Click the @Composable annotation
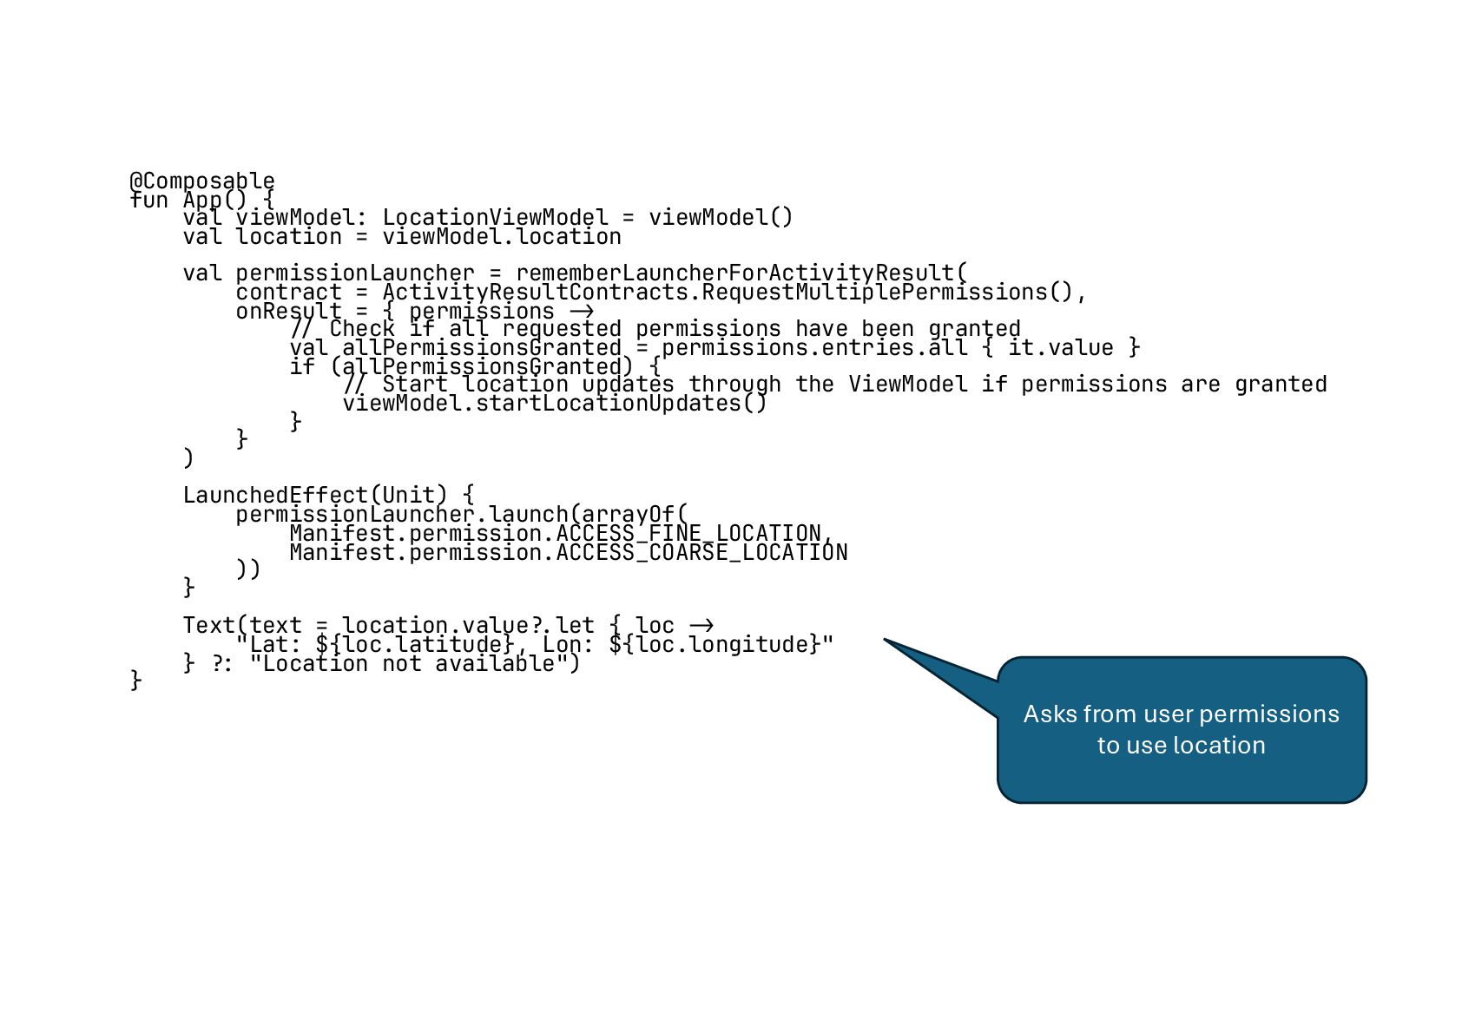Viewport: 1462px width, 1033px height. pos(201,181)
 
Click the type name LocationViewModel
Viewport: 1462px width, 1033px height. pos(495,217)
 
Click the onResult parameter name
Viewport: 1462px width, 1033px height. pos(288,312)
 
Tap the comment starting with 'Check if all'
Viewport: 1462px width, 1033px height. pos(655,329)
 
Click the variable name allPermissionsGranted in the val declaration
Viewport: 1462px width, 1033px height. pos(481,348)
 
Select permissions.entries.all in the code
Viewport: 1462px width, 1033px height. pos(813,348)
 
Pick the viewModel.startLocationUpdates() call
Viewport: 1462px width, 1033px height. pos(554,404)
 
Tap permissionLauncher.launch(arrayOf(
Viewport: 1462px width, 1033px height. pos(460,515)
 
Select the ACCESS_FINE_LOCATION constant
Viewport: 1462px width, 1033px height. pos(688,533)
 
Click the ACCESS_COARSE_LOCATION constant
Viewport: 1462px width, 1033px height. pos(701,553)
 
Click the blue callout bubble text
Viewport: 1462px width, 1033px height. pos(1181,729)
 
